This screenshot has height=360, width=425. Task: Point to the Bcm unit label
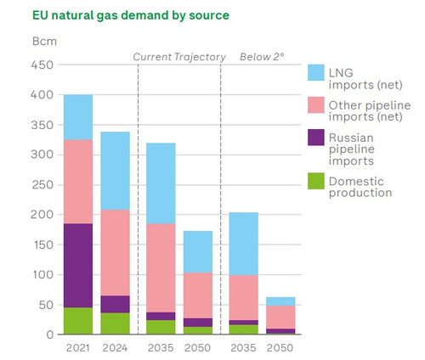tap(44, 42)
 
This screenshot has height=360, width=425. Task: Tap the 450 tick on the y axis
tap(42, 65)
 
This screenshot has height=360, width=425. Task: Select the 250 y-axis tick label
tap(42, 185)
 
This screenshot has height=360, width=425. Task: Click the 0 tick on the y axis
tap(50, 335)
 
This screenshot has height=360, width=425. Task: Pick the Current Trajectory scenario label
tap(179, 57)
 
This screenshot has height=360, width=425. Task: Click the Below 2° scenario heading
tap(262, 57)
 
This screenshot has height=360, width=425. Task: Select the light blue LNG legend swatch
tap(316, 73)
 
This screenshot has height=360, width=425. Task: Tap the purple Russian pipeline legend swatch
tap(316, 138)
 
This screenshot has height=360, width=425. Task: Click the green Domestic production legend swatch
tap(316, 181)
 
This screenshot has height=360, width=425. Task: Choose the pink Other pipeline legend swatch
tap(316, 105)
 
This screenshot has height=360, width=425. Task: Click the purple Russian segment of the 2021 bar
tap(78, 266)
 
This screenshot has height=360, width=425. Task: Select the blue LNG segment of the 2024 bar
tap(115, 171)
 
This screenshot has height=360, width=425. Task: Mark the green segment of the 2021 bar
tap(78, 321)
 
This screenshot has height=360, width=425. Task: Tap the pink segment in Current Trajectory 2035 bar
tap(161, 268)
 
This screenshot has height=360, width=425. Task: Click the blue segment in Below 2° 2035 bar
tap(244, 244)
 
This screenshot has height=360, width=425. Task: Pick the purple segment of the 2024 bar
tap(115, 304)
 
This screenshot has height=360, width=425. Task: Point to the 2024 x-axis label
tap(115, 348)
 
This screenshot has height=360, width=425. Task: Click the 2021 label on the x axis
tap(78, 348)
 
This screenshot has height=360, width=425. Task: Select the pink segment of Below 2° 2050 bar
tap(280, 318)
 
